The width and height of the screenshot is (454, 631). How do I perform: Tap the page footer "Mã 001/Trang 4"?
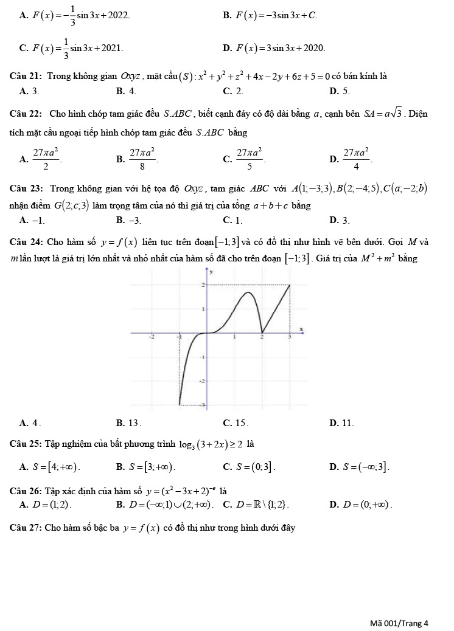(399, 622)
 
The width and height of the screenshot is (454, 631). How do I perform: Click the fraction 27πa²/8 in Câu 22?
(143, 160)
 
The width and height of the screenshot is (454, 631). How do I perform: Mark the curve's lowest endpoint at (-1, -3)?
(179, 404)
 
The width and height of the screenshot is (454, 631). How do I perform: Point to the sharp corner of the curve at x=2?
(262, 333)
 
